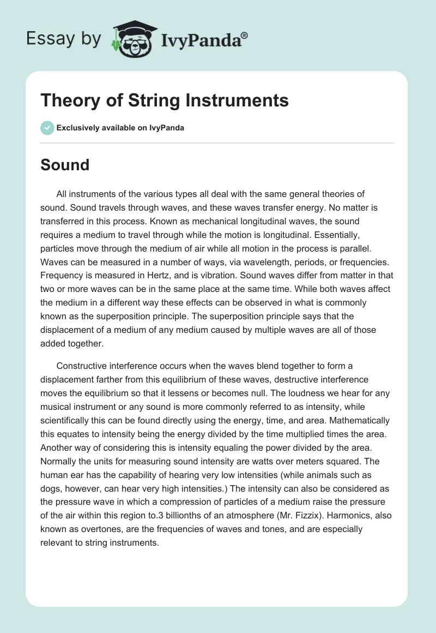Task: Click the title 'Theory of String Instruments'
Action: point(165,100)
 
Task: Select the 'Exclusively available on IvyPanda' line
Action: point(120,128)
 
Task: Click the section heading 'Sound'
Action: point(65,165)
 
